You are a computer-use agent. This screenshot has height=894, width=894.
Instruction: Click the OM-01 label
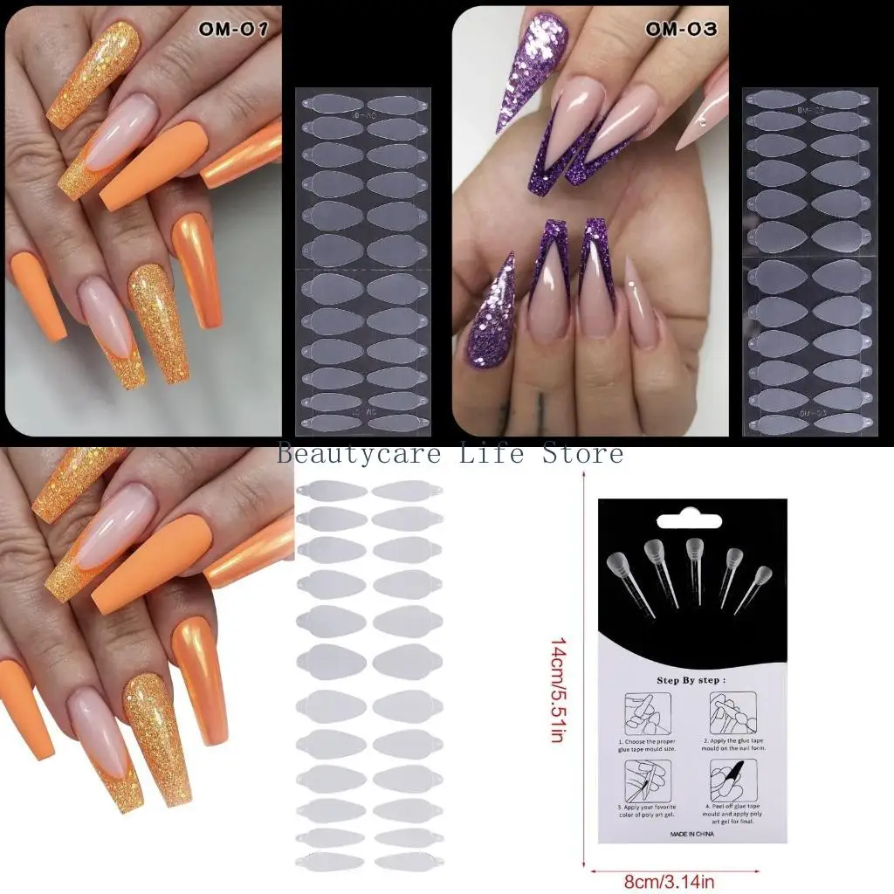pyautogui.click(x=232, y=29)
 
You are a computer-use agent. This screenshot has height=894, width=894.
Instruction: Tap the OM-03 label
pyautogui.click(x=681, y=29)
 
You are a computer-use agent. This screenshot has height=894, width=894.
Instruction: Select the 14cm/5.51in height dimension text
pyautogui.click(x=557, y=690)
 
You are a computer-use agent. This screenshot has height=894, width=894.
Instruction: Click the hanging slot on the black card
pyautogui.click(x=693, y=515)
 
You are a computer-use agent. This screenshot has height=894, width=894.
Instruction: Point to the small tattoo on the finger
pyautogui.click(x=541, y=406)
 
